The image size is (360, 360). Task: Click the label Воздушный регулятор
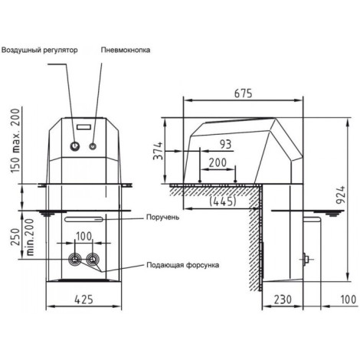tap(39, 50)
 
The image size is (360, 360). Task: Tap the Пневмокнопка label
tap(126, 50)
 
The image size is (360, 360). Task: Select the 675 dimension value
tap(243, 93)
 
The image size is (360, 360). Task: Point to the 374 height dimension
tap(159, 151)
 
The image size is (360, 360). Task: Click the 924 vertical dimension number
tap(341, 195)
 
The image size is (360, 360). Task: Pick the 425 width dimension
tap(83, 299)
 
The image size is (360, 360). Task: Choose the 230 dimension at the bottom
tap(283, 299)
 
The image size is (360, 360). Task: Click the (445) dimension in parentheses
tap(222, 201)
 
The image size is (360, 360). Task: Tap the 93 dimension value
tap(225, 144)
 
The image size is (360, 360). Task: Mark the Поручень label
tap(162, 218)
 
